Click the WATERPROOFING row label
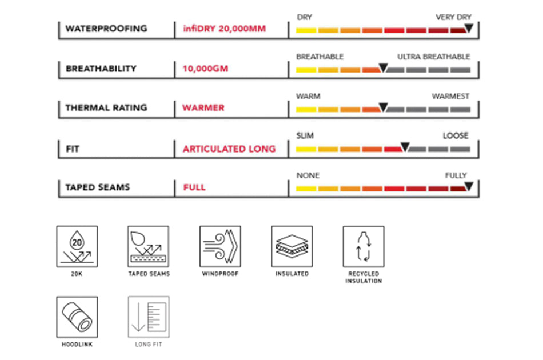[106, 29]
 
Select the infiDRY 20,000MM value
[225, 29]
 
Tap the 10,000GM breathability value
[205, 69]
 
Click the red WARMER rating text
[203, 107]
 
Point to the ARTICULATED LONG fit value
[229, 149]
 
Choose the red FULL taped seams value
[194, 187]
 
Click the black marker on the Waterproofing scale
[469, 27]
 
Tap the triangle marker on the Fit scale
[405, 147]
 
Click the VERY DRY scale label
[453, 17]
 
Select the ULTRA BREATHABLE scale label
[433, 57]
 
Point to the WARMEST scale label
[450, 97]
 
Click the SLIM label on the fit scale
[305, 136]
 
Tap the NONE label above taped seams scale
[308, 175]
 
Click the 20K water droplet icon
[77, 246]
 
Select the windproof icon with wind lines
[220, 246]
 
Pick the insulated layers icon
[292, 246]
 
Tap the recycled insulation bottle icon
[364, 246]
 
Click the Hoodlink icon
[77, 317]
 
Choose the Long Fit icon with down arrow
[149, 317]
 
